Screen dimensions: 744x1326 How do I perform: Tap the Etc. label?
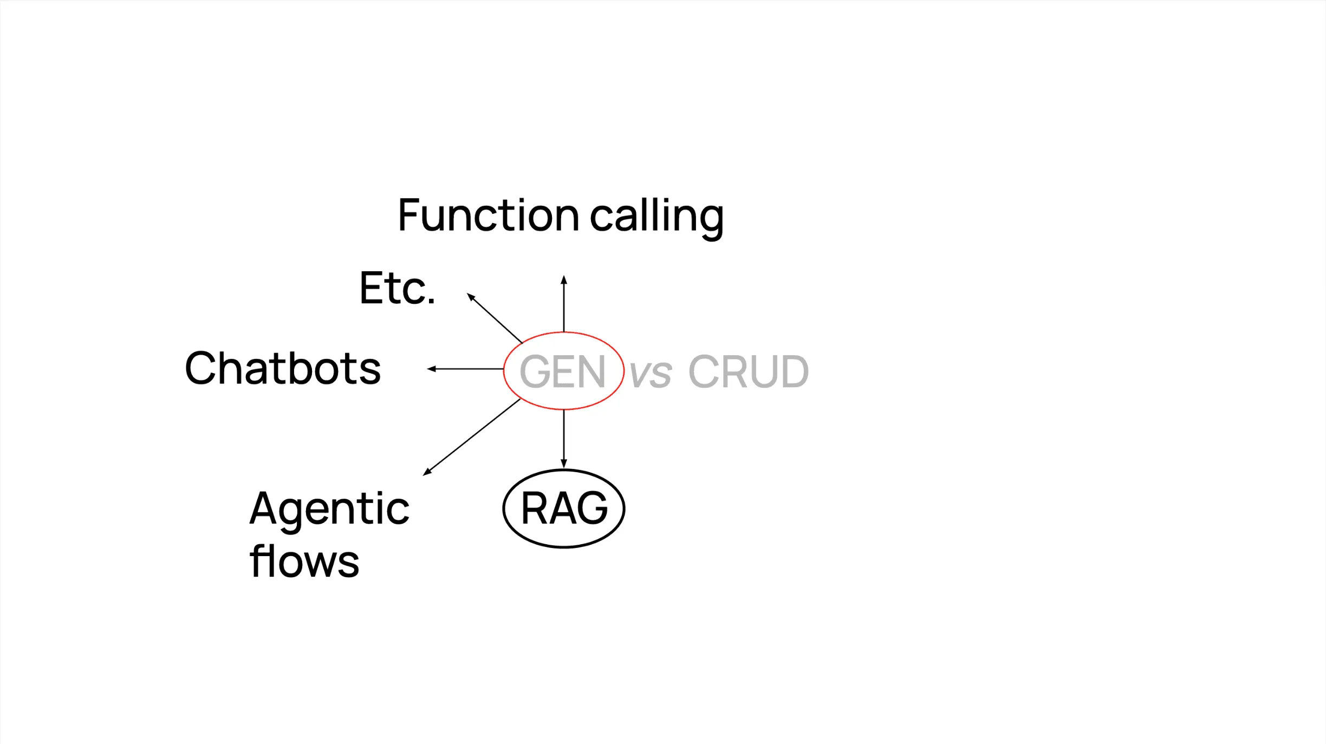pos(397,289)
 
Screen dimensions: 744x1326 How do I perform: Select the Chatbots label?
pos(282,369)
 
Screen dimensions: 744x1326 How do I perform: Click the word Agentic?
pos(329,509)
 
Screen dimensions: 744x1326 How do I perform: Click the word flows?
pos(304,562)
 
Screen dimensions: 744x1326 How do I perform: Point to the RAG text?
pos(564,508)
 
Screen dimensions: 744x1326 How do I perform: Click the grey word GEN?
pos(562,371)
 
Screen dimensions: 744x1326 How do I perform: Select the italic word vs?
pos(651,373)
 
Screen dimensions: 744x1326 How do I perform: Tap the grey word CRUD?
pos(748,371)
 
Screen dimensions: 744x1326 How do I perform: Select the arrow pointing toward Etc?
pos(495,318)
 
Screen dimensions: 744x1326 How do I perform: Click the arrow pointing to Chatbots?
pos(466,369)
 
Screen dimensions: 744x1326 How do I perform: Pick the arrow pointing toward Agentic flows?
pos(472,437)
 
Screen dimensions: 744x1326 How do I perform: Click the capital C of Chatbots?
pos(201,368)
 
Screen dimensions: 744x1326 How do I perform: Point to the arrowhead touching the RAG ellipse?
pos(564,464)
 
